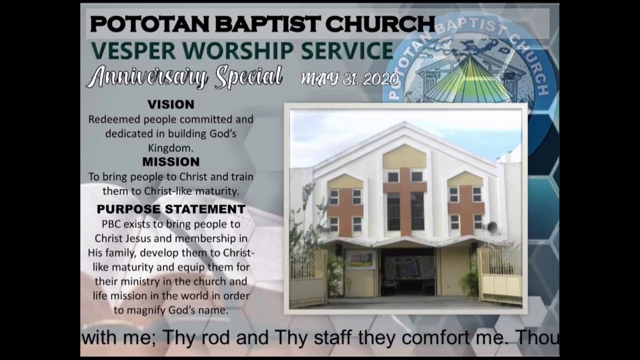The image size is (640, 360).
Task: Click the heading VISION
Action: click(x=170, y=104)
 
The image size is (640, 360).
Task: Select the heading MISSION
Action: click(x=170, y=162)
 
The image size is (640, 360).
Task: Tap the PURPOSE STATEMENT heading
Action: click(x=171, y=209)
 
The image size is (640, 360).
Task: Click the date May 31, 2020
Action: click(x=349, y=79)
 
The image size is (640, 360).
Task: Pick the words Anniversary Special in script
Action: click(x=184, y=77)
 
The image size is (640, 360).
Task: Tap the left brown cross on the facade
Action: click(x=345, y=210)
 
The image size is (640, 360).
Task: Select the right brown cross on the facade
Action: click(x=465, y=209)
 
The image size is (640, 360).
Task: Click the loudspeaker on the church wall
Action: click(x=492, y=227)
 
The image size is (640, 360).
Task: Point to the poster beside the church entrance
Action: click(x=361, y=259)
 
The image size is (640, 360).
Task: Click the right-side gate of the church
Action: click(x=500, y=275)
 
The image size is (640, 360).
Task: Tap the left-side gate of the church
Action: click(x=307, y=278)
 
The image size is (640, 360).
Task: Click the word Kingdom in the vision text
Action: click(x=170, y=148)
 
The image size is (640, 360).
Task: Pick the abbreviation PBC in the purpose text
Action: click(x=112, y=224)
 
